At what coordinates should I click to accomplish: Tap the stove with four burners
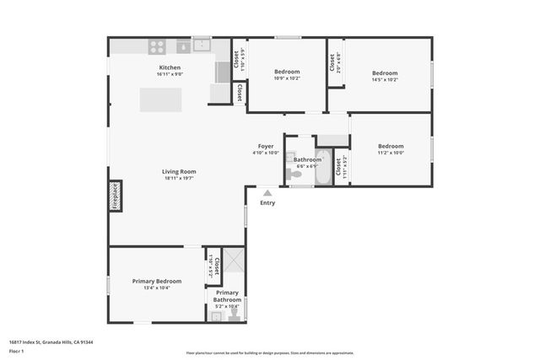pyautogui.click(x=157, y=46)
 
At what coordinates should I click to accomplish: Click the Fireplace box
pyautogui.click(x=115, y=195)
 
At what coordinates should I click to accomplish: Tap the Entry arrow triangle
pyautogui.click(x=267, y=193)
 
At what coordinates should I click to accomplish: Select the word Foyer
pyautogui.click(x=266, y=146)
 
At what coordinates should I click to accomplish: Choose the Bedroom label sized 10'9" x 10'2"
pyautogui.click(x=287, y=72)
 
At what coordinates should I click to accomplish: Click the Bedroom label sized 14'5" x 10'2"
pyautogui.click(x=385, y=73)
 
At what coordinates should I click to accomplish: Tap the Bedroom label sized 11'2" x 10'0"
pyautogui.click(x=391, y=146)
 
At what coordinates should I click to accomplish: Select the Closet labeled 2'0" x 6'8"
pyautogui.click(x=335, y=62)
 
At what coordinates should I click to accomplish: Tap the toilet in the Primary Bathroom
pyautogui.click(x=234, y=314)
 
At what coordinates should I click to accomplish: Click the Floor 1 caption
pyautogui.click(x=15, y=352)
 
